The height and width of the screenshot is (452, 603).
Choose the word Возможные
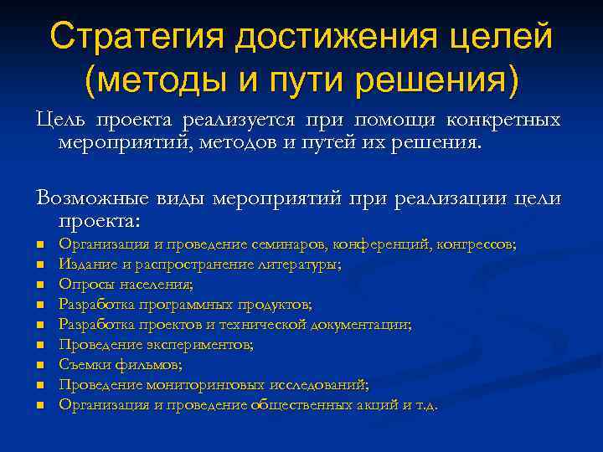click(92, 200)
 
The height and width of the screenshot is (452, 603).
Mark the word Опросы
click(82, 285)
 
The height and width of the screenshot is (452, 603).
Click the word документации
click(363, 325)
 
